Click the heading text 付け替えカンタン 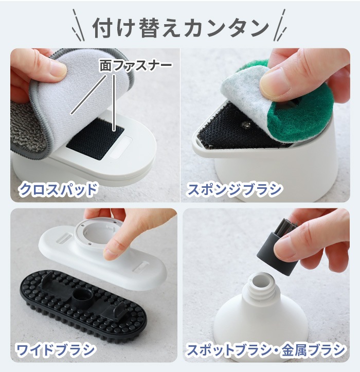180,28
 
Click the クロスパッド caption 58,189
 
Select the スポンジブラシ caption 234,189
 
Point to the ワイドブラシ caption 56,350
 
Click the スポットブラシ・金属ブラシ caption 265,350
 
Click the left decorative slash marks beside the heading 78,27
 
